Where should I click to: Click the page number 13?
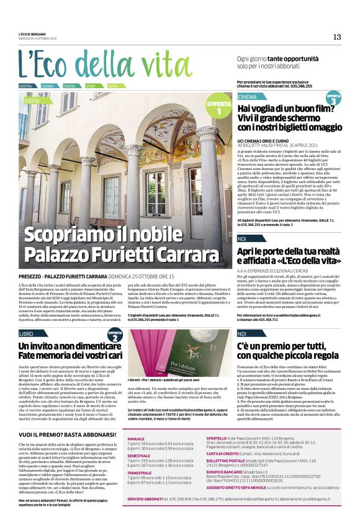point(337,37)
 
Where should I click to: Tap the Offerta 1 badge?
point(218,108)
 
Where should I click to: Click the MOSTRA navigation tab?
point(25,86)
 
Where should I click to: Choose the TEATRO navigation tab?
point(70,86)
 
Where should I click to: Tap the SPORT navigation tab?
point(91,86)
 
